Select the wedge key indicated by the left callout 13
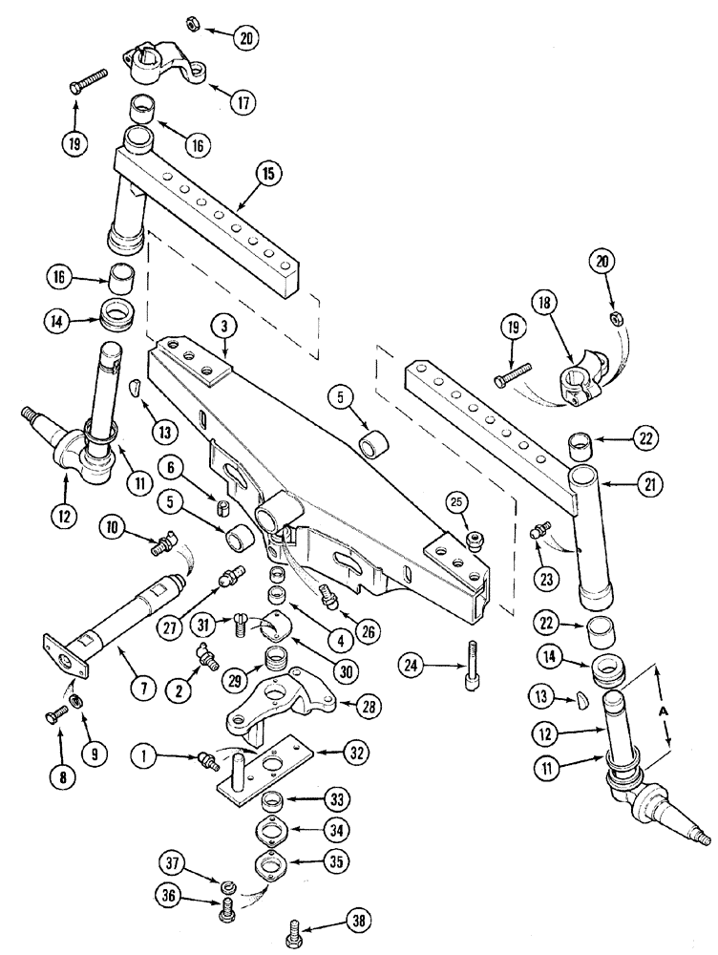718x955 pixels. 135,386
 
